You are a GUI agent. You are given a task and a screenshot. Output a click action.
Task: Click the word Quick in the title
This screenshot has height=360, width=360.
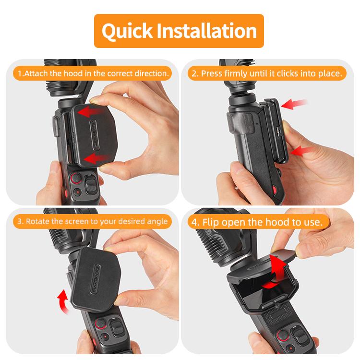click(x=127, y=31)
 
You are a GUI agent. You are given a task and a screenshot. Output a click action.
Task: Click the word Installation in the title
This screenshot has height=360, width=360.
click(x=207, y=31)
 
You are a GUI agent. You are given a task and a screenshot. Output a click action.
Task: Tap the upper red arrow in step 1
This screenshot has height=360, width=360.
click(x=91, y=111)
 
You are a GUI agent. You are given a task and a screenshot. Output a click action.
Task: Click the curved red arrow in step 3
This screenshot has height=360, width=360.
click(x=62, y=301)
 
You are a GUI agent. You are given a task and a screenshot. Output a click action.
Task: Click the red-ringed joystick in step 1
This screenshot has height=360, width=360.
click(x=76, y=178)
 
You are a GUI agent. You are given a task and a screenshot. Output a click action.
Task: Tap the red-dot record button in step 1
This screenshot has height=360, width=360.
click(x=78, y=192)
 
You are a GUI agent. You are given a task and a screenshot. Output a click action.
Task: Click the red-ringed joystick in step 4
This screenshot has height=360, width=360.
click(x=283, y=336)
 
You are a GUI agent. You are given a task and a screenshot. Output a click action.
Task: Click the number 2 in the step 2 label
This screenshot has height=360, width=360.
click(x=194, y=74)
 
